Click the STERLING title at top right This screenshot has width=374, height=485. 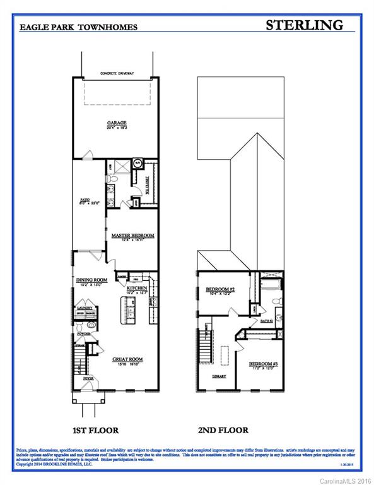pos(305,25)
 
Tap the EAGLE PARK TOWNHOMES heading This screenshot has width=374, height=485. pos(78,28)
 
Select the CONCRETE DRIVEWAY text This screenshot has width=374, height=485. pos(115,74)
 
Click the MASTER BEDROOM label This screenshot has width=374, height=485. pos(133,236)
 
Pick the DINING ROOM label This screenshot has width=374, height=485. pos(92,280)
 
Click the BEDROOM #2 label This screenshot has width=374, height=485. pos(220,289)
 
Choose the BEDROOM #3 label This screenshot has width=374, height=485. pos(260,364)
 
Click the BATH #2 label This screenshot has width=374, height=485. pos(267,321)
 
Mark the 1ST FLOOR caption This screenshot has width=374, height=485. pos(95,430)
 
